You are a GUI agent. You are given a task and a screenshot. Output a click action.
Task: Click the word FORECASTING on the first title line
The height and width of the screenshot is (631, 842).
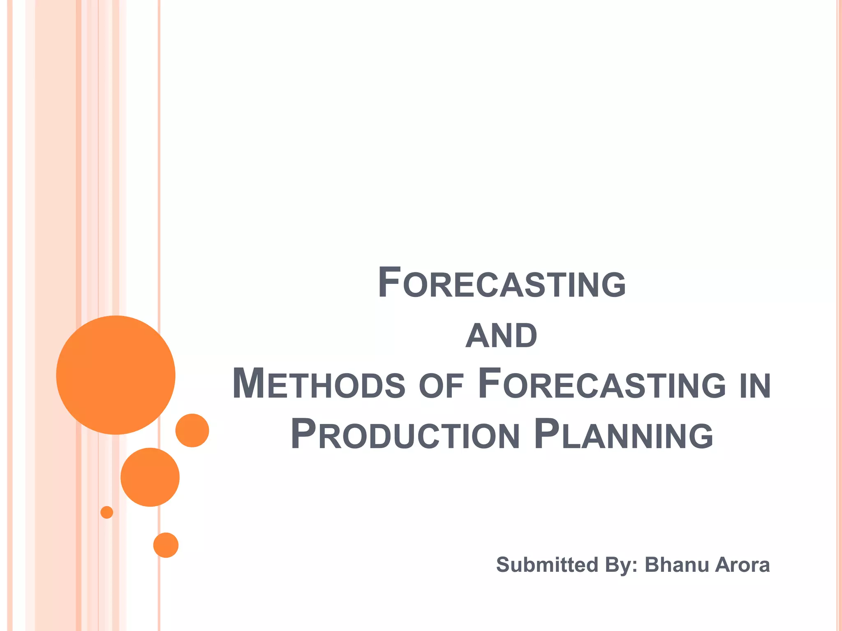pyautogui.click(x=502, y=283)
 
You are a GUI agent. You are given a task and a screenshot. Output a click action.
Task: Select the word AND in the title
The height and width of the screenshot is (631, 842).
pyautogui.click(x=501, y=336)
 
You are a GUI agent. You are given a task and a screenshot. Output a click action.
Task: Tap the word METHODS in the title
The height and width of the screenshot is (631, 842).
pyautogui.click(x=319, y=384)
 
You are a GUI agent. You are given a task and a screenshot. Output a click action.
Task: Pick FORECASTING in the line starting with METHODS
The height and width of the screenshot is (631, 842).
pyautogui.click(x=602, y=384)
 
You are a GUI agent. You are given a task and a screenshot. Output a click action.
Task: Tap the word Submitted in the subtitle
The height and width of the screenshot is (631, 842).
pyautogui.click(x=547, y=564)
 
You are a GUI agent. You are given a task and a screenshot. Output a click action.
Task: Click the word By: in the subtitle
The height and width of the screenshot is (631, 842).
pyautogui.click(x=621, y=565)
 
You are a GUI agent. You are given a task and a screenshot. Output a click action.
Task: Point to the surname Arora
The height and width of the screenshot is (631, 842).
pyautogui.click(x=743, y=565)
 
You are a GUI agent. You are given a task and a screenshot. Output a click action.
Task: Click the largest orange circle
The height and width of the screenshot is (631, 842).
pyautogui.click(x=116, y=375)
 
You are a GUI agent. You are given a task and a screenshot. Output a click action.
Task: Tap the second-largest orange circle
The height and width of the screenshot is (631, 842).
pyautogui.click(x=150, y=477)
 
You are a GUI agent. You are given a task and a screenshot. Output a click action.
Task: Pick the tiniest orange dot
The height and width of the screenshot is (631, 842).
pyautogui.click(x=107, y=512)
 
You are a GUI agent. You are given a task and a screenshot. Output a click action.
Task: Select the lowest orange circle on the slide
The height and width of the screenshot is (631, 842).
pyautogui.click(x=166, y=545)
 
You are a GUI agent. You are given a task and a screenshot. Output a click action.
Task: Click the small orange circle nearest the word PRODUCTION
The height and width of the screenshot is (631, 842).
pyautogui.click(x=192, y=430)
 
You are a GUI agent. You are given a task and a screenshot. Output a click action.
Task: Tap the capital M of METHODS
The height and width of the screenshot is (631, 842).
pyautogui.click(x=248, y=384)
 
